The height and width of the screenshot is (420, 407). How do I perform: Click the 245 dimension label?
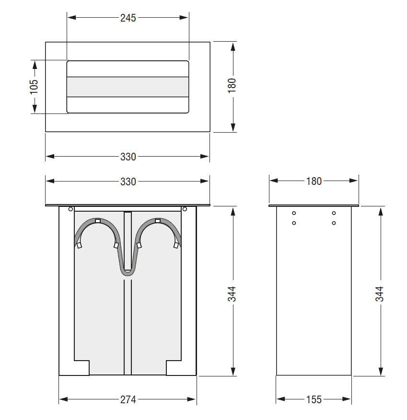pos(128,18)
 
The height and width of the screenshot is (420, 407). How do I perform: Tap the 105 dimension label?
pos(34,87)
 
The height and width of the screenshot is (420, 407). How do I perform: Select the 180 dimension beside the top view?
pos(232,86)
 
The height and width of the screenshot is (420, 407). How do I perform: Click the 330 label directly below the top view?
pos(128,157)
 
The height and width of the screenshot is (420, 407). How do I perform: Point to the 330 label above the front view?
pos(128,182)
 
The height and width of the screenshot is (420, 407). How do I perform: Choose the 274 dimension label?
pos(128,399)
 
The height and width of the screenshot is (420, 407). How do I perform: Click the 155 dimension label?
pos(314,399)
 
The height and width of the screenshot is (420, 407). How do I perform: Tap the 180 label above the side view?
pos(314,182)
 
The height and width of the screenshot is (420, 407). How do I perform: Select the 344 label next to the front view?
pos(232,294)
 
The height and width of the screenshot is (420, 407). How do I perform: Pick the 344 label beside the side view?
pos(380,294)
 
